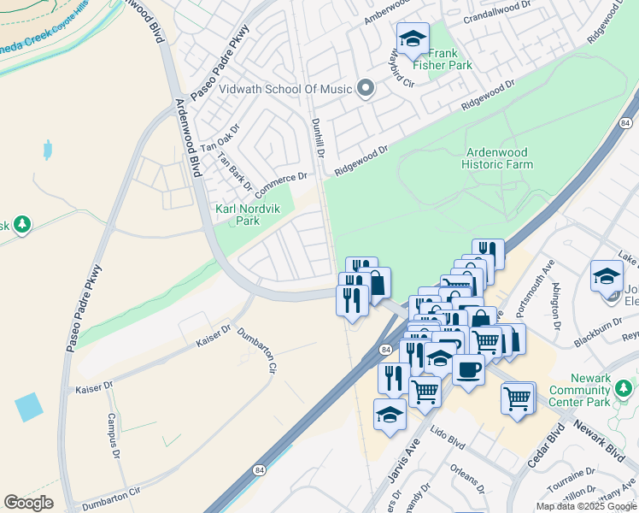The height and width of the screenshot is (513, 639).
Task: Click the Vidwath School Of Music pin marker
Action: coord(366,88)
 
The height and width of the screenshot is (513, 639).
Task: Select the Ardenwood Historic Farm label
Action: coord(498,158)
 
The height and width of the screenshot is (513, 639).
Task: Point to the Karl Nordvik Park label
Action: coord(236,215)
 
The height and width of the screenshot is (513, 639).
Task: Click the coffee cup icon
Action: coord(468,369)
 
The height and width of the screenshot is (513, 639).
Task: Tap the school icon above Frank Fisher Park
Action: coord(413,38)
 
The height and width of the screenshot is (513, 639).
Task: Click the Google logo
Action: coord(28,503)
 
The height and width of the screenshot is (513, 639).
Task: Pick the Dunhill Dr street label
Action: coord(319,137)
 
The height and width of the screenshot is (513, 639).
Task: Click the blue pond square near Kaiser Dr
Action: coord(28,406)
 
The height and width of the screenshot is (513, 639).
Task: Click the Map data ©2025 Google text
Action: coord(587,506)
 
